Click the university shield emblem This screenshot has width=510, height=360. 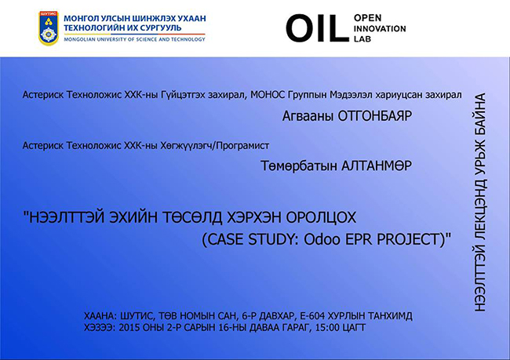(x=49, y=28)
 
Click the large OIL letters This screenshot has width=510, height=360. (x=318, y=28)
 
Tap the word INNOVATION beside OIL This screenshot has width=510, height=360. (x=380, y=28)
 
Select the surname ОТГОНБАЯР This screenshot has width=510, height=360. (x=375, y=116)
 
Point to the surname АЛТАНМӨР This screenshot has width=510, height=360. (x=377, y=165)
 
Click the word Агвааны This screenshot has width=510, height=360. (x=308, y=116)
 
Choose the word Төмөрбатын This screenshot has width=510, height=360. (x=299, y=165)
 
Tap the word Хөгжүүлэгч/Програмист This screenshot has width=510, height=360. (x=215, y=145)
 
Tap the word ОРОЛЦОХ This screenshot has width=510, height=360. (x=321, y=217)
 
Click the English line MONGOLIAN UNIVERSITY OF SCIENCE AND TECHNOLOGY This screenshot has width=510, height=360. (x=135, y=39)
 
